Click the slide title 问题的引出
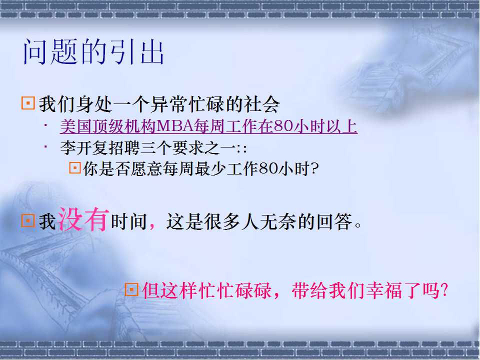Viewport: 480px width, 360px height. (93, 51)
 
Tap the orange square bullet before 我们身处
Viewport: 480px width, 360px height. (28, 103)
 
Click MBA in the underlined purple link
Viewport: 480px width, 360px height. (174, 126)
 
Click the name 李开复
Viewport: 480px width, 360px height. (84, 147)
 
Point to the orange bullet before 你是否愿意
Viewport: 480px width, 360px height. (75, 168)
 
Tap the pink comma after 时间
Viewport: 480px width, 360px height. (152, 226)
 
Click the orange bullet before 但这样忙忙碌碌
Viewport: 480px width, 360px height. (131, 289)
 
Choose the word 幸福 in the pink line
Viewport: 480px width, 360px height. (384, 290)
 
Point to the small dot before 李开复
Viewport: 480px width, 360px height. (45, 146)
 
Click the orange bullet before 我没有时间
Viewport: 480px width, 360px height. (28, 220)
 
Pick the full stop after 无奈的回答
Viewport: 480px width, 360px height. (358, 225)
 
